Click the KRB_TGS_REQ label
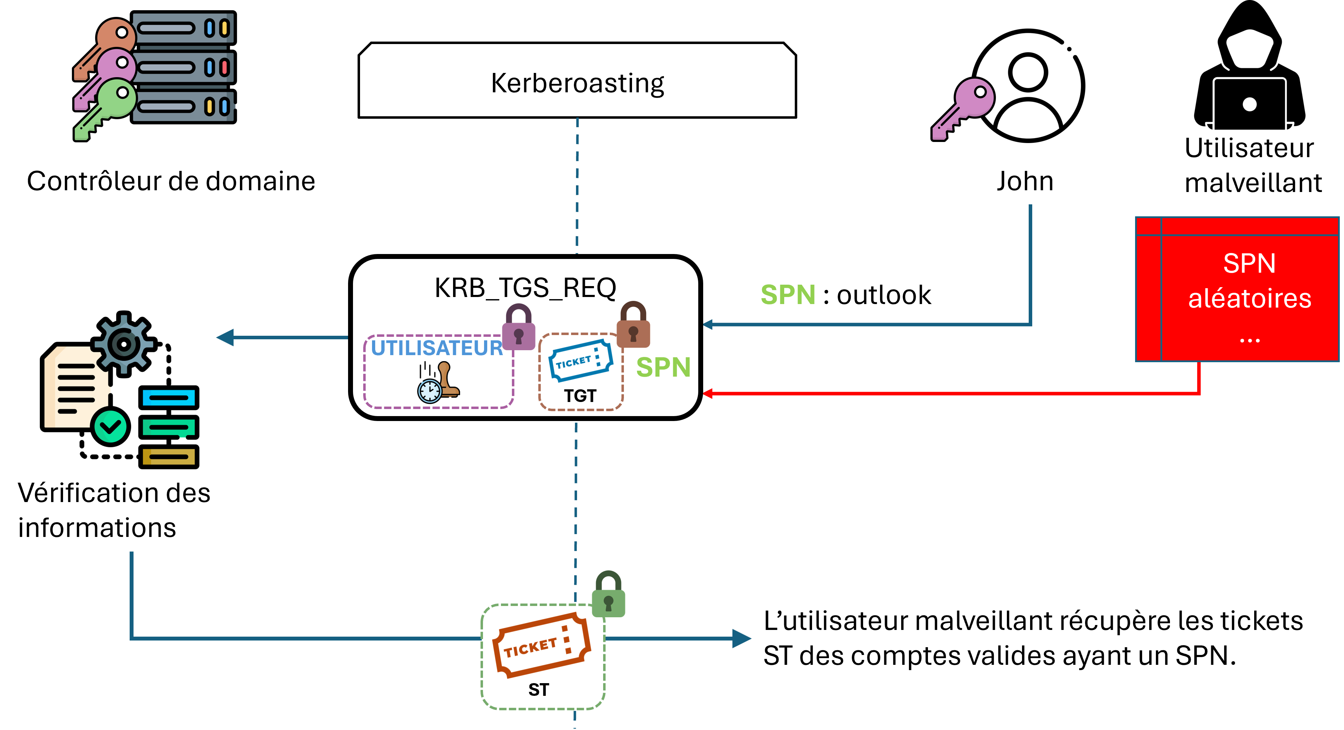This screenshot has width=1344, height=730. pos(525,287)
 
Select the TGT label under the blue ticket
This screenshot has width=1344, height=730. pos(580,396)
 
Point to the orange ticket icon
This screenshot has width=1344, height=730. pos(541,645)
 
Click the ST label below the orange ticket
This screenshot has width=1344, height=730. pos(538,690)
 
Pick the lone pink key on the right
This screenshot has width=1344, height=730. pos(963,109)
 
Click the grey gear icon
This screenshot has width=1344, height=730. pos(124,344)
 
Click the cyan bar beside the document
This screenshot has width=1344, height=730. pos(168,398)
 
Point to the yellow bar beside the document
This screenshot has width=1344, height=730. pos(168,457)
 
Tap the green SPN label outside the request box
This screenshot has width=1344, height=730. pos(788,295)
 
